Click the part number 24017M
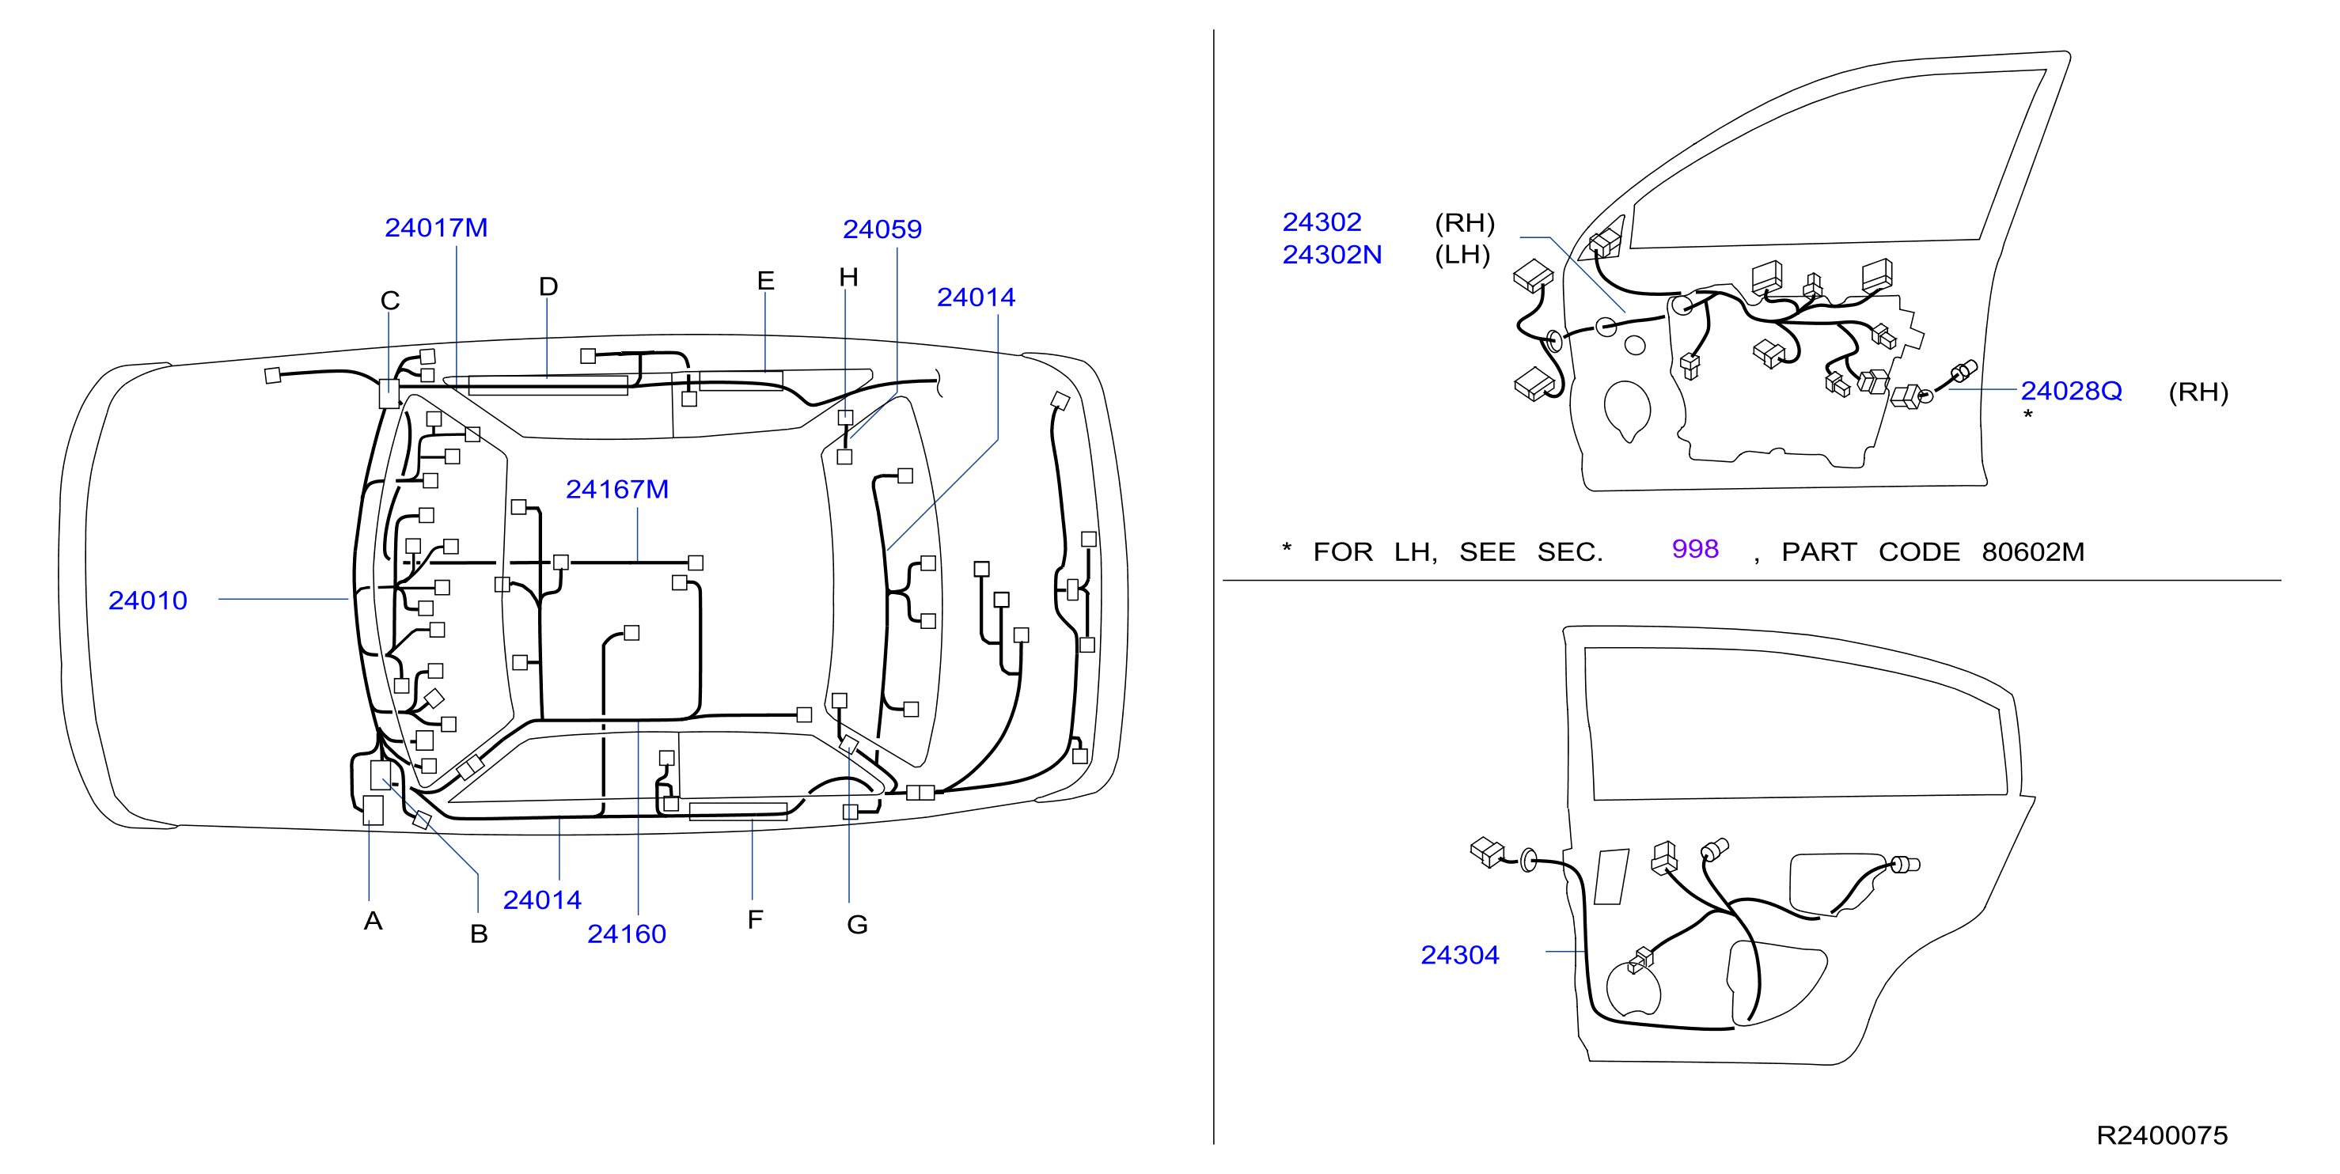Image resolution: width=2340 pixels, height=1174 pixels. pos(436,228)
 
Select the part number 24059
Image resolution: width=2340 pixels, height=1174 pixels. pos(882,229)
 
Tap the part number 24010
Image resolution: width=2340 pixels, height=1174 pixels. pos(148,600)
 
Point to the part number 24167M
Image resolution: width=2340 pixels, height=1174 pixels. pos(618,490)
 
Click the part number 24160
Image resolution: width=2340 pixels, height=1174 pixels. pos(627,934)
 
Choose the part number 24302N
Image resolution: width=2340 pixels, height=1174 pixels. pos(1332,256)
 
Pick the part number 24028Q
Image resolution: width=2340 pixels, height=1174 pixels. pos(2071,392)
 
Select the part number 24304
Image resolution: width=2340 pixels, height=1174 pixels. pos(1460,955)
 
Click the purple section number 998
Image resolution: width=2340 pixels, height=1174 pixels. pos(1695,549)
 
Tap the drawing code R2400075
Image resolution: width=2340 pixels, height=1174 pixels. pos(2162,1135)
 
